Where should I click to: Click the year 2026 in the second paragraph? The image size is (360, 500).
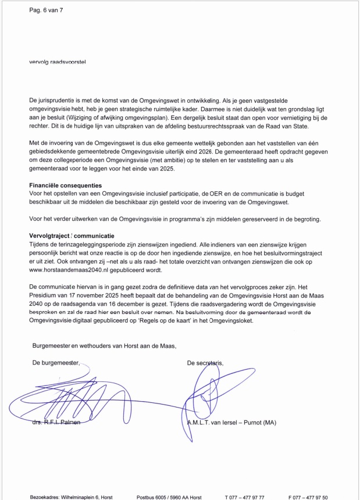220,151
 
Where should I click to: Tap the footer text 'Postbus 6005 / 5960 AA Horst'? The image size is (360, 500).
169,497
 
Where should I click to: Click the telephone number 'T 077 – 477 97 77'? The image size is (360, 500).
244,497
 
